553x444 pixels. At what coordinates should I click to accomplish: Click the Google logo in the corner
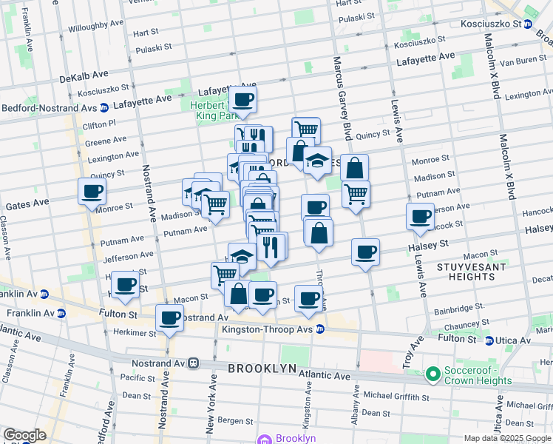point(24,434)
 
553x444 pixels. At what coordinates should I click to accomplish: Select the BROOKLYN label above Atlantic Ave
point(262,368)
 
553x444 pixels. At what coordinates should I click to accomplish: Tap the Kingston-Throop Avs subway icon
point(319,329)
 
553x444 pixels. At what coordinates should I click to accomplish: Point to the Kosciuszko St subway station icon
point(528,24)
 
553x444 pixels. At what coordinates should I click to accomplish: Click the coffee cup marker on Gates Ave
point(92,192)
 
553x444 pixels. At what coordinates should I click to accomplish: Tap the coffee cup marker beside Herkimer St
point(170,319)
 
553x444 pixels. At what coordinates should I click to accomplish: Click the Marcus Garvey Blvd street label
point(341,96)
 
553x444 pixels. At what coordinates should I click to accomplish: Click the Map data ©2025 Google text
point(506,438)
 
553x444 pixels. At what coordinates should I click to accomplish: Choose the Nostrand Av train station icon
point(194,363)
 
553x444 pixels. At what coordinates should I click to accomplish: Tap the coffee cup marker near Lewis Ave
point(420,216)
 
